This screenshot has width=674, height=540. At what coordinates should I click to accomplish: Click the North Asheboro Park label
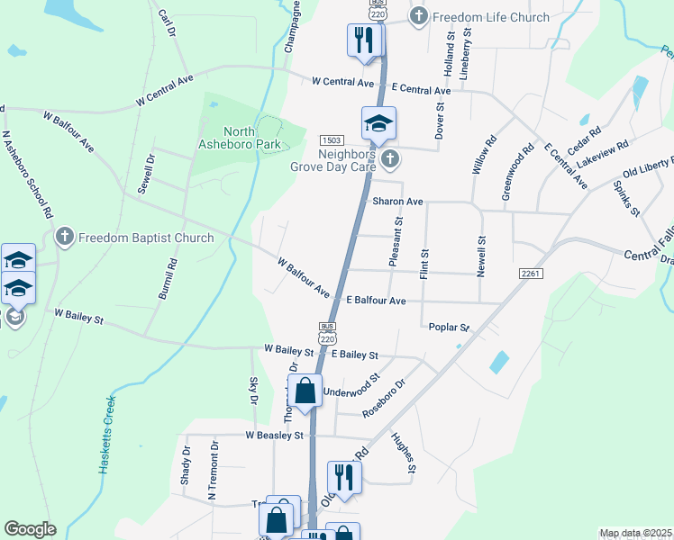coord(239,137)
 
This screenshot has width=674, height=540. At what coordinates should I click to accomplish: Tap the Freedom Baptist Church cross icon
coord(64,238)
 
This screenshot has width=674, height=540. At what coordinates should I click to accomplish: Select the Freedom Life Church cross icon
coord(419,16)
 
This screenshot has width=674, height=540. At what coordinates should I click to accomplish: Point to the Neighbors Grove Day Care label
coord(333,159)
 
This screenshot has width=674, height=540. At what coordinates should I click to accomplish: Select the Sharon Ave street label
coord(397,202)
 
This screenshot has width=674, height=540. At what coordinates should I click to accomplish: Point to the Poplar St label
coord(451,328)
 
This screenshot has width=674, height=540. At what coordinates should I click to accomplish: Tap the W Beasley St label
coord(275,436)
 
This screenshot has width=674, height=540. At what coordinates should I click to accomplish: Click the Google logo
coord(29,529)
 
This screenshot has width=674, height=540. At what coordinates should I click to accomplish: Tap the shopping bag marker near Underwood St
coord(305,392)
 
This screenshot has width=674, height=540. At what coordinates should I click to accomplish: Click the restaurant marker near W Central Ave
coord(365,41)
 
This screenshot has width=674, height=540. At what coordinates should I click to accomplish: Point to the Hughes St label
coord(403,453)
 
